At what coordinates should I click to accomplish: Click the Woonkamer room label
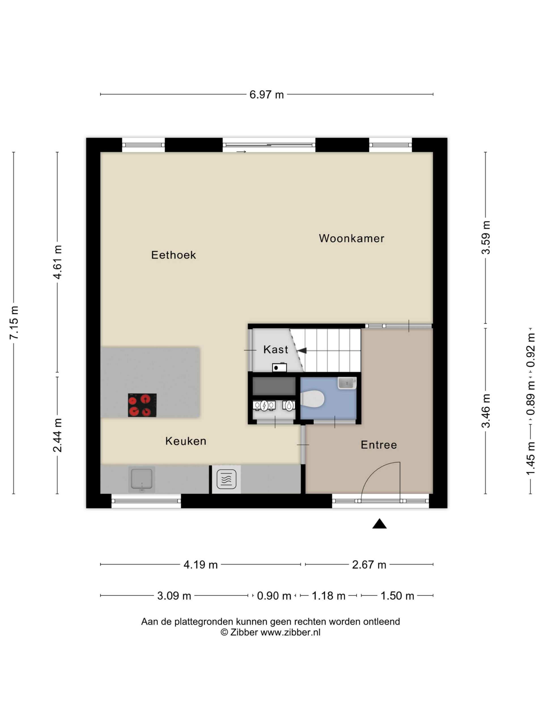352,238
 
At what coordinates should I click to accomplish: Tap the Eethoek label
173,255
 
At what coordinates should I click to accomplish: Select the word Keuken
186,441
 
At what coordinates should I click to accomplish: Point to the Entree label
379,445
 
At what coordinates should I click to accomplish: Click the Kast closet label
276,350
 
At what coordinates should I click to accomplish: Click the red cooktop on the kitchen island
142,405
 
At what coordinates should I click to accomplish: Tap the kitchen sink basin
142,478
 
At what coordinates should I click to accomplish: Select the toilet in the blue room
312,399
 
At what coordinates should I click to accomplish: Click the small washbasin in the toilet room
347,383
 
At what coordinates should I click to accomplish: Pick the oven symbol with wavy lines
226,479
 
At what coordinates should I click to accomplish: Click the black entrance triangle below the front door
379,524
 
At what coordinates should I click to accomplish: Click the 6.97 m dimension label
267,94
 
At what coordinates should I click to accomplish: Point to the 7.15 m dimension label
14,323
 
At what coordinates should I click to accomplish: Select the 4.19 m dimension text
201,565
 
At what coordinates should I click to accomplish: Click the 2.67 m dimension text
369,565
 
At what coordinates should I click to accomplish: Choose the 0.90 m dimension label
274,596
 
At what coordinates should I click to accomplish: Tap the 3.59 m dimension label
486,238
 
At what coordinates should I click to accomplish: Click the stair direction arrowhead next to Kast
302,351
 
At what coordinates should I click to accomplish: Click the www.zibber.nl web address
290,632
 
